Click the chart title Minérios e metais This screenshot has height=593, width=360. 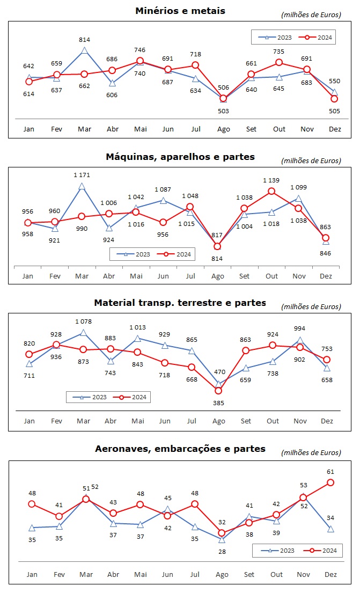point(180,11)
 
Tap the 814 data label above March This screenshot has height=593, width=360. point(84,40)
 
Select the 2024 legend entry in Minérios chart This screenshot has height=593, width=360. point(319,37)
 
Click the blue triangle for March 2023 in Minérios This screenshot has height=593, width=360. point(84,51)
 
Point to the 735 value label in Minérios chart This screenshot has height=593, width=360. point(279,51)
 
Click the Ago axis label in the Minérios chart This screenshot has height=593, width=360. point(224,129)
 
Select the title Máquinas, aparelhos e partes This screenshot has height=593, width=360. point(180,157)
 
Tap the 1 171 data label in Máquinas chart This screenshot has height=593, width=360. point(82,175)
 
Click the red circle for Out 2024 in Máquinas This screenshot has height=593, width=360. point(271,191)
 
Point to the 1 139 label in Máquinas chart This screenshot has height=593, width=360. point(271,180)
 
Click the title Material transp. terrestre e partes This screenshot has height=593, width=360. point(180,303)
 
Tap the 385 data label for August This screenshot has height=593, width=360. point(218,402)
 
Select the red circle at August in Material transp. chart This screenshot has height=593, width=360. point(218,391)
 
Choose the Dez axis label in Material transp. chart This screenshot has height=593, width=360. point(327,421)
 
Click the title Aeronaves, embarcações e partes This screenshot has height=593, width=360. point(180,449)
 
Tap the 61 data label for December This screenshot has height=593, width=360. point(330,472)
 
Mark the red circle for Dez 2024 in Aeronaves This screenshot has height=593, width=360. point(330,482)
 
